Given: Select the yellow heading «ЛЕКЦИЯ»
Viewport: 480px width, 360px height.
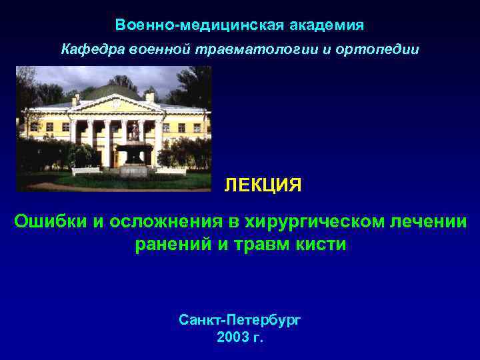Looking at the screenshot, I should coord(263,185).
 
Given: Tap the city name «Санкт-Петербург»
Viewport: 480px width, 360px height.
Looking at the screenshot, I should coord(240,320).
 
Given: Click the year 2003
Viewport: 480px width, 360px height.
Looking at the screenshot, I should coord(233,337).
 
